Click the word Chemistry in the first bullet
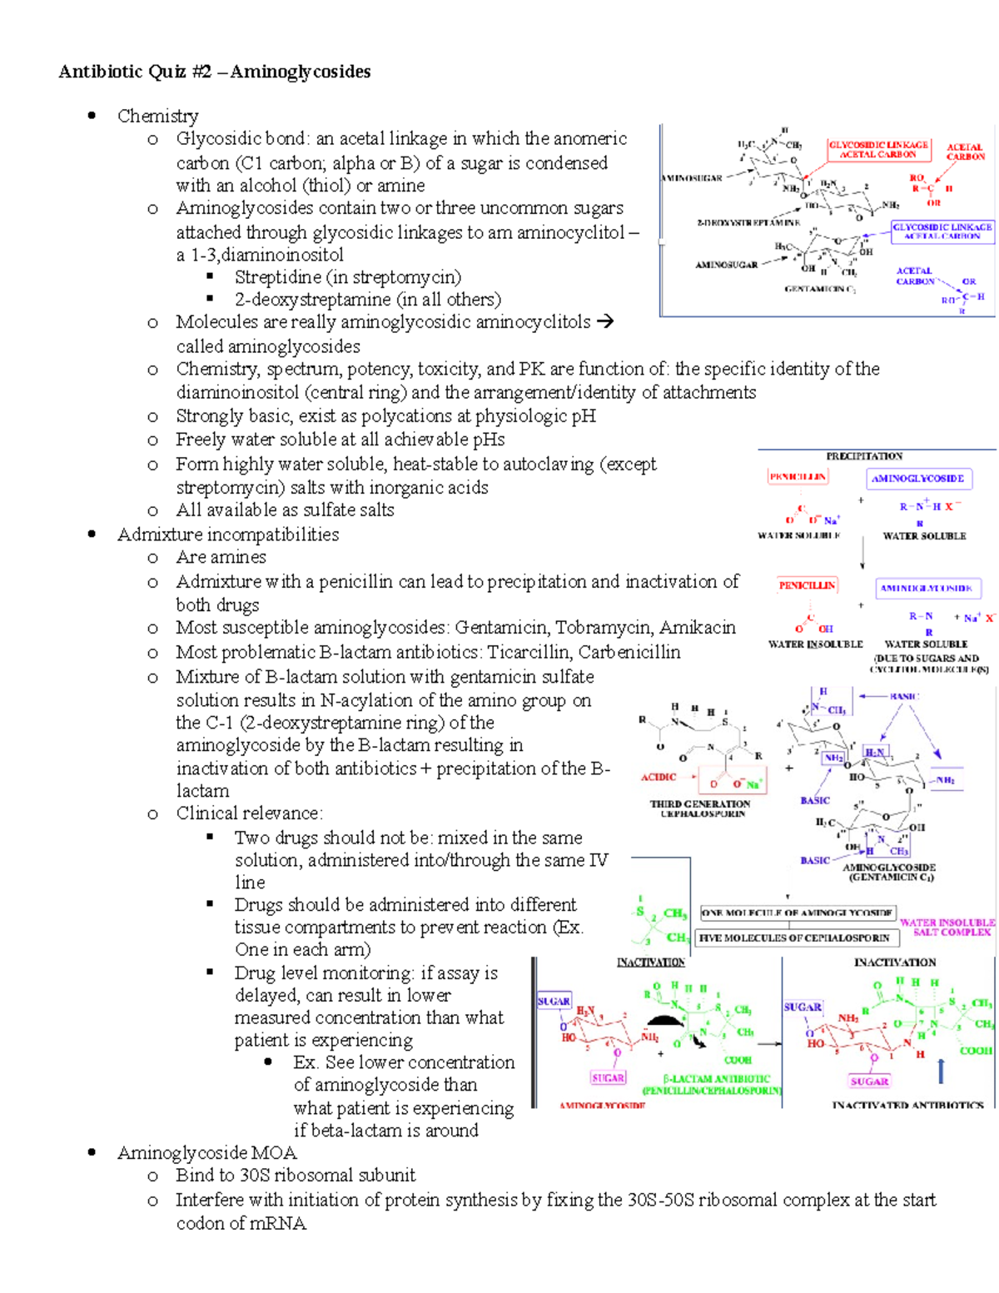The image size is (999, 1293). click(x=157, y=116)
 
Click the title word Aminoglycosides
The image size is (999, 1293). click(x=301, y=72)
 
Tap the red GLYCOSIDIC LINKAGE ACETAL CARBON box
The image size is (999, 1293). click(x=877, y=149)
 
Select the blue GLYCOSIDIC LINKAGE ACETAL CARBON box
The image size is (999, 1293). click(x=942, y=231)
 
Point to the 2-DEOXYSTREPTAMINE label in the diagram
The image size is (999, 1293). click(x=748, y=222)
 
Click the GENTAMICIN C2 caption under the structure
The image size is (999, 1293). click(x=820, y=289)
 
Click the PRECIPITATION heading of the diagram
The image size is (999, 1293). click(x=864, y=456)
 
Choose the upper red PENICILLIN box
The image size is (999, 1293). click(x=797, y=477)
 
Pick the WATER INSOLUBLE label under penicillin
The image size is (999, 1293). click(x=815, y=644)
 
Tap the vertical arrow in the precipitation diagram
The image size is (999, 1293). click(x=863, y=552)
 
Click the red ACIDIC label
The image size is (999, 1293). click(x=658, y=777)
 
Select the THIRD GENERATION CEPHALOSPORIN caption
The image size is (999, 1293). click(x=700, y=808)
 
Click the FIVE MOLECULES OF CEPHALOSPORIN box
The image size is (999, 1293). click(x=794, y=937)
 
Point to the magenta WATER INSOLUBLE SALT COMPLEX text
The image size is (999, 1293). click(x=947, y=927)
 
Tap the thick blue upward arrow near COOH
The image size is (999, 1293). click(x=941, y=1071)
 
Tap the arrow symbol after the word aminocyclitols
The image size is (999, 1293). click(x=605, y=321)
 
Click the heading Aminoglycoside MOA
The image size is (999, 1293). click(x=206, y=1153)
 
